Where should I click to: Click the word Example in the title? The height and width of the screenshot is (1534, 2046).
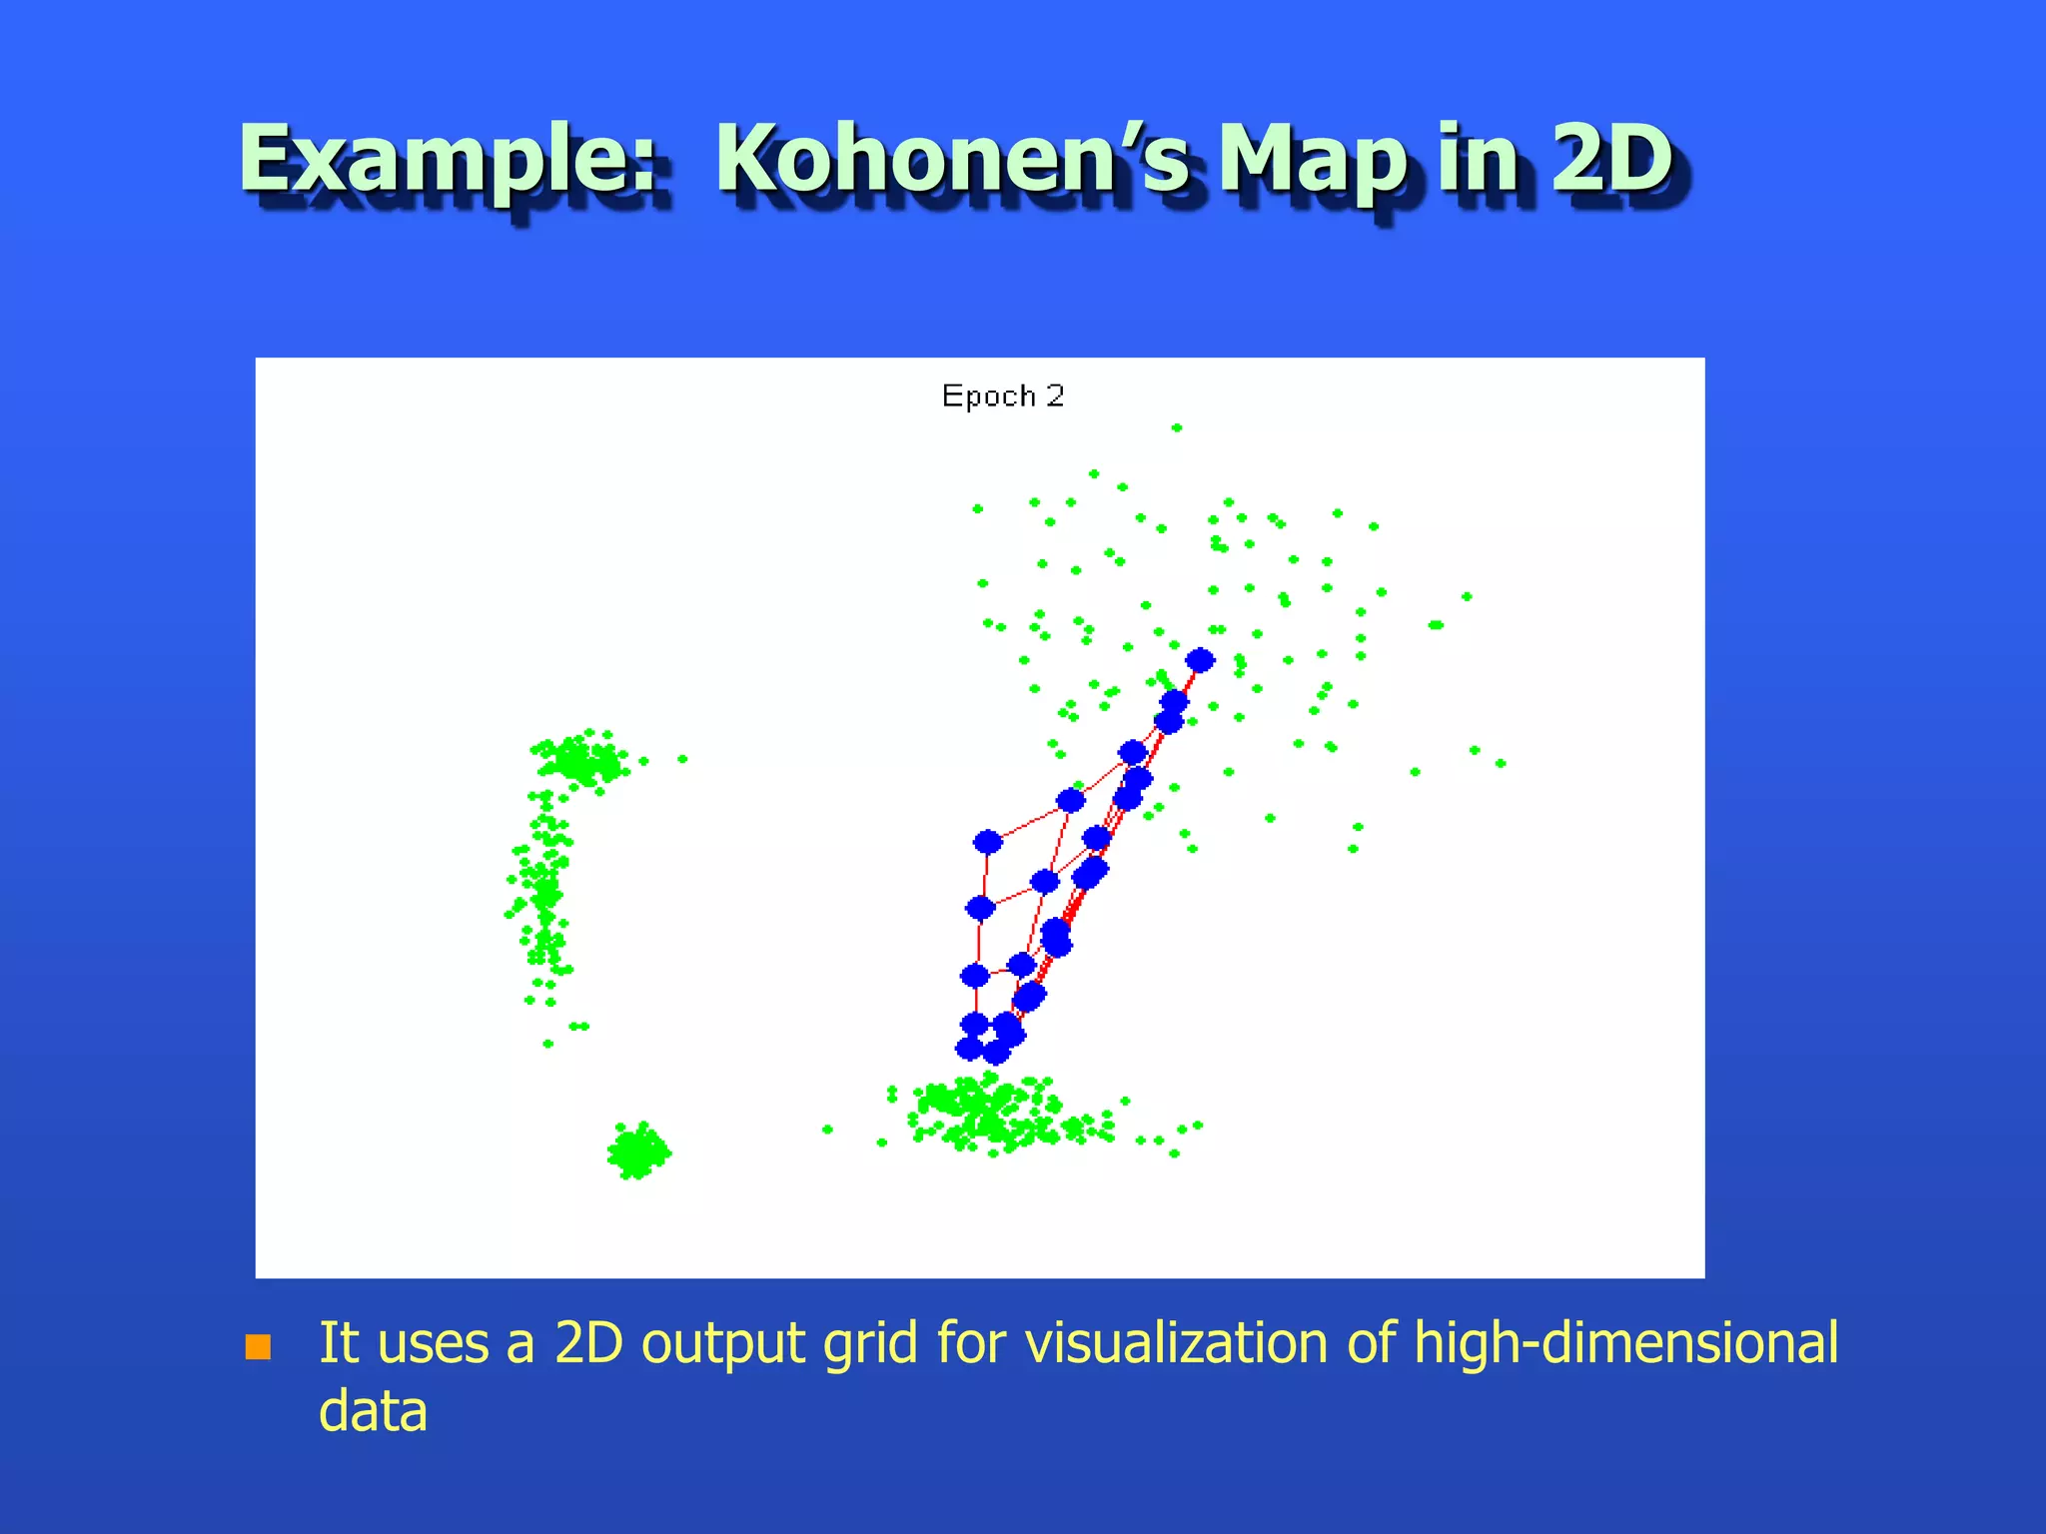tap(448, 160)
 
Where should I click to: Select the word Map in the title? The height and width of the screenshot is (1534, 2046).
tap(1315, 160)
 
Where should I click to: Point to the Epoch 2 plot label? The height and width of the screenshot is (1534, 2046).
tap(1003, 396)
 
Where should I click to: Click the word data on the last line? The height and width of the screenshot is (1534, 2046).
tap(373, 1411)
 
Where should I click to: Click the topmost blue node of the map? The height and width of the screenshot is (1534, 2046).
tap(1200, 660)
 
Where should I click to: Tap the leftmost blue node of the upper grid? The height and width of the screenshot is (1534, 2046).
tap(987, 842)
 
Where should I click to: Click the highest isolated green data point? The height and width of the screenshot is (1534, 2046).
tap(1177, 427)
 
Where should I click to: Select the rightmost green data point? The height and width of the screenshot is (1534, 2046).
tap(1501, 764)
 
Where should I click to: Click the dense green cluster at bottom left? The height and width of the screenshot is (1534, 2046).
tap(638, 1151)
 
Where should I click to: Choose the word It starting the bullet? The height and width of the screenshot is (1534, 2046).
tap(338, 1342)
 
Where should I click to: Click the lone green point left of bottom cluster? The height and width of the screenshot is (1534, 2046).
tap(827, 1130)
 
